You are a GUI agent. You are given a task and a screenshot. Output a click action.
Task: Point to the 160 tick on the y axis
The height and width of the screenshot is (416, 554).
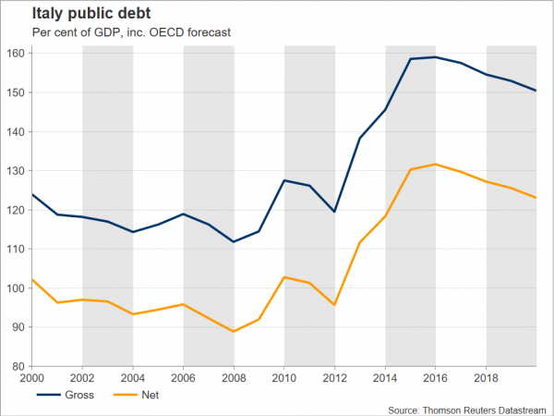[x=16, y=54]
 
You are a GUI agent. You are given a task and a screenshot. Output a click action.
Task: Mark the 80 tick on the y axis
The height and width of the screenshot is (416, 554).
[x=18, y=366]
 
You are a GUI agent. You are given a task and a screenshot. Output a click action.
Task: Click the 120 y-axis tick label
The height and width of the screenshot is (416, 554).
[x=16, y=210]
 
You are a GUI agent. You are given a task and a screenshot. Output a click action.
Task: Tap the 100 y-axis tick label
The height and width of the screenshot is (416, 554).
[x=16, y=288]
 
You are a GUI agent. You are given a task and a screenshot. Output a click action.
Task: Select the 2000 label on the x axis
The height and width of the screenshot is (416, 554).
[x=33, y=378]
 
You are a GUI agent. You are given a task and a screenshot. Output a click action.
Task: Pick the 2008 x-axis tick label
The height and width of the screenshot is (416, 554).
[x=235, y=378]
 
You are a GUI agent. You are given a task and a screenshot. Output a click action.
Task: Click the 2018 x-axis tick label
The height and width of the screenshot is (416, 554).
[x=487, y=378]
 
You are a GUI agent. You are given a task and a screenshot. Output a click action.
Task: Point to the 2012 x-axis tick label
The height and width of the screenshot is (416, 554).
[x=335, y=378]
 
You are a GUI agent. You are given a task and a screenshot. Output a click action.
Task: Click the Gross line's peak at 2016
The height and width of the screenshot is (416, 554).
[x=436, y=57]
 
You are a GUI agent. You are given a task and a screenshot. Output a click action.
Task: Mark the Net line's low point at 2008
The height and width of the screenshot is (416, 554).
[x=235, y=331]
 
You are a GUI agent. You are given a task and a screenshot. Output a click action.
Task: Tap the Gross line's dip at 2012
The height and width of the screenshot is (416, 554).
[x=335, y=212]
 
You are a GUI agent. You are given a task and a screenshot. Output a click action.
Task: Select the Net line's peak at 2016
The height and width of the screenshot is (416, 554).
[x=436, y=165]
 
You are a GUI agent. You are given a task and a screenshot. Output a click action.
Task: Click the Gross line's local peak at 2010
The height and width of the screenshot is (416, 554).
[x=284, y=180]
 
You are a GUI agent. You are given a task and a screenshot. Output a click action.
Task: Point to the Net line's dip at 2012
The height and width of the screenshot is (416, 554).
[x=335, y=305]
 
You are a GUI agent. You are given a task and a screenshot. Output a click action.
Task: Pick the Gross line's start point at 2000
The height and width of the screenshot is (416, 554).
[x=33, y=194]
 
